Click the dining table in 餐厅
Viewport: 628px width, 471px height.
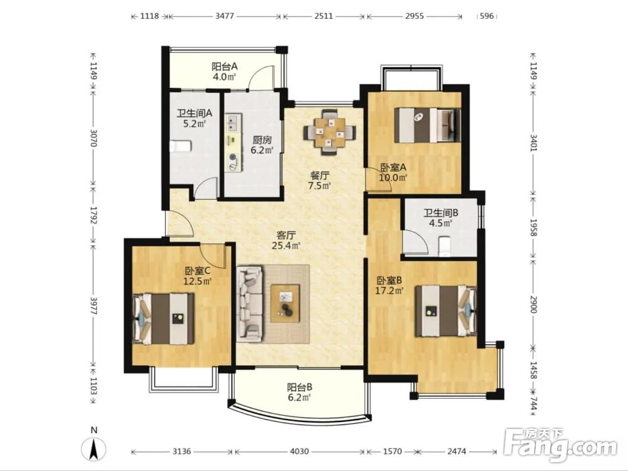coord(329,132)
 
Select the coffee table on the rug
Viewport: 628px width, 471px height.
coord(285,303)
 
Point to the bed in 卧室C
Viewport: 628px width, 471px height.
coord(163,319)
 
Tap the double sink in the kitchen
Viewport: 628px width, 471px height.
coord(233,122)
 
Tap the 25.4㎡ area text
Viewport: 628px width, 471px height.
coord(286,246)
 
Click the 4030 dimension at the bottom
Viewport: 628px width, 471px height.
coord(299,452)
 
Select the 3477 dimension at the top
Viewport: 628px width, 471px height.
coord(225,16)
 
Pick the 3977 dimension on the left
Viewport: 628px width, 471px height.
coord(93,306)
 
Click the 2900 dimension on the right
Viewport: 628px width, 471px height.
coord(533,305)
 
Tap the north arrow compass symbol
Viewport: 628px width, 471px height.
coord(94,448)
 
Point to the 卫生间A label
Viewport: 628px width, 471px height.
coord(195,113)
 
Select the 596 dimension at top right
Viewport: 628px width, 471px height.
coord(487,16)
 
